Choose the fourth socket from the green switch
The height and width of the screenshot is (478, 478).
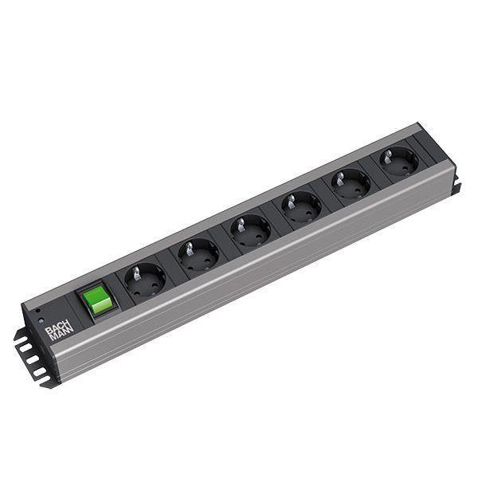click(302, 206)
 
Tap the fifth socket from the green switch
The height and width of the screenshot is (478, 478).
click(351, 182)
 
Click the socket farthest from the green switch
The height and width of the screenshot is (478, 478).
click(398, 161)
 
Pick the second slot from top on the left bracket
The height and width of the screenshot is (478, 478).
click(26, 349)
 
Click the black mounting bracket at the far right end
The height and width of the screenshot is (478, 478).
click(456, 186)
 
